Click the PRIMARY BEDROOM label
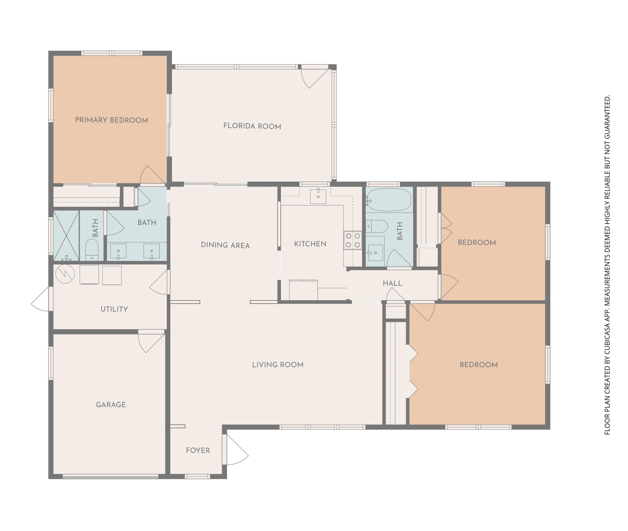(112, 120)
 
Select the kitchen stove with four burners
(353, 240)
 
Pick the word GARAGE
(111, 404)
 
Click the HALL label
(392, 283)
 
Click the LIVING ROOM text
(278, 365)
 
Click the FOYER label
(198, 450)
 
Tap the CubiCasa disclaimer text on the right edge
(607, 265)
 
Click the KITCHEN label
(310, 244)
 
